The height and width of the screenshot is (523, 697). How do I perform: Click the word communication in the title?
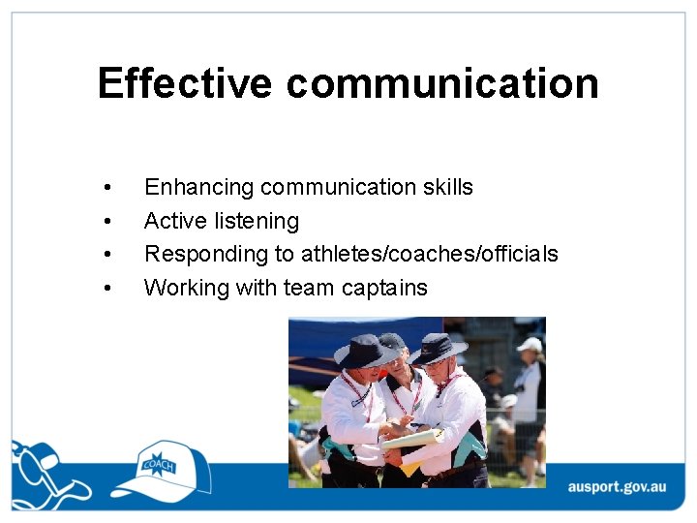[442, 83]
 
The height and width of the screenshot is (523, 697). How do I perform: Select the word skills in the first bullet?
[447, 187]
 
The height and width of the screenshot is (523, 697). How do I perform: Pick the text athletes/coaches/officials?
[429, 254]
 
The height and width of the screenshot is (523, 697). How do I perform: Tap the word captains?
[382, 288]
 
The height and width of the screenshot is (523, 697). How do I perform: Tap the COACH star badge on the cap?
[158, 465]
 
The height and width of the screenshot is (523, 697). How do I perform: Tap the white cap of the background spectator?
[530, 344]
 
